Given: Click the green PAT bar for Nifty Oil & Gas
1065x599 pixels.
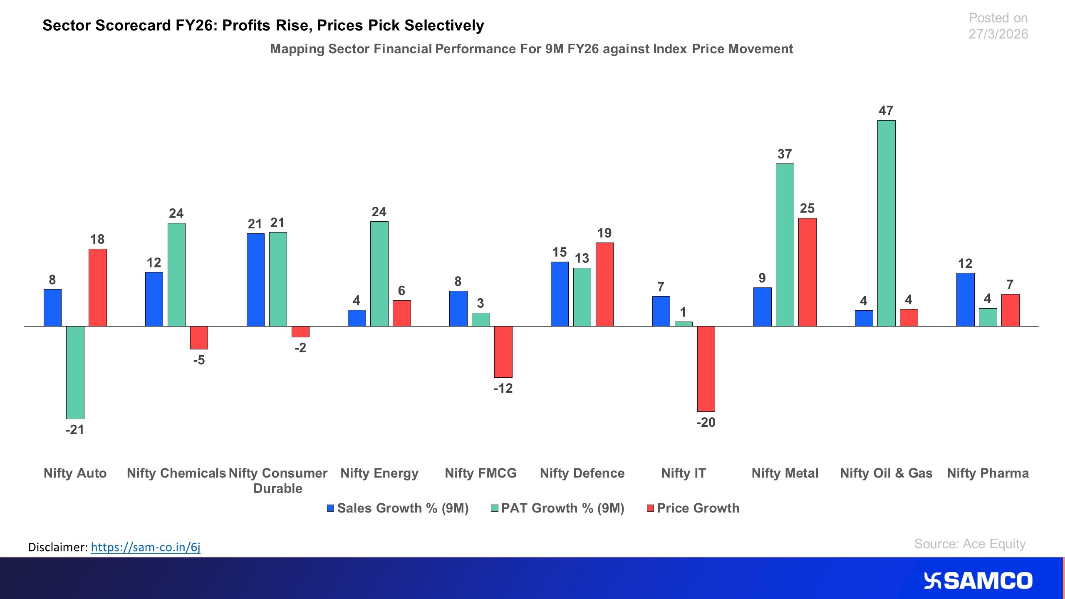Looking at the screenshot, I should [x=886, y=223].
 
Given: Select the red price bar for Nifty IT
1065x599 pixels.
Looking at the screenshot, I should [x=706, y=369].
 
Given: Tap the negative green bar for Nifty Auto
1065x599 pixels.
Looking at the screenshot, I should [x=75, y=372].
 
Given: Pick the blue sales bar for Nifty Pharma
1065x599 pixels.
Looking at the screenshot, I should [x=965, y=299].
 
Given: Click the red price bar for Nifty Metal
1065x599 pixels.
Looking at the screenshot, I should [x=807, y=272].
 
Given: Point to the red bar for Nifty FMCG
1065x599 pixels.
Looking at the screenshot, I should [x=503, y=351].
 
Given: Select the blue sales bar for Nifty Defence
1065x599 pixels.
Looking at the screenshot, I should [x=560, y=294].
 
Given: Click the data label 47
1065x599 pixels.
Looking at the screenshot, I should [x=886, y=111].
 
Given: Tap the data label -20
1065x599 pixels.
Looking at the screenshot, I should [x=706, y=422].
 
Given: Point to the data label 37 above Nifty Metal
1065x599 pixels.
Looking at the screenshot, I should [x=785, y=154].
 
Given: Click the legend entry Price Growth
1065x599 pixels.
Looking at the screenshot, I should [x=698, y=508].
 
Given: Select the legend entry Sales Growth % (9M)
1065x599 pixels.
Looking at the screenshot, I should [x=402, y=508].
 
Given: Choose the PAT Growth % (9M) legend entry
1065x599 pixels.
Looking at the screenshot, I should [x=562, y=508].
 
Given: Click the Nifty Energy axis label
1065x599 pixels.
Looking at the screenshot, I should [x=379, y=473].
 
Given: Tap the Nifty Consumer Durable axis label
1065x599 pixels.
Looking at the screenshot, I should [x=278, y=480].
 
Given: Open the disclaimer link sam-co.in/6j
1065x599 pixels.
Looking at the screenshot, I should [x=146, y=547].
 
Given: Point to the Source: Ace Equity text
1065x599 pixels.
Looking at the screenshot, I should [x=970, y=544].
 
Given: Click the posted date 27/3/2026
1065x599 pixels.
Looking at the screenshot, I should [x=998, y=34].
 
